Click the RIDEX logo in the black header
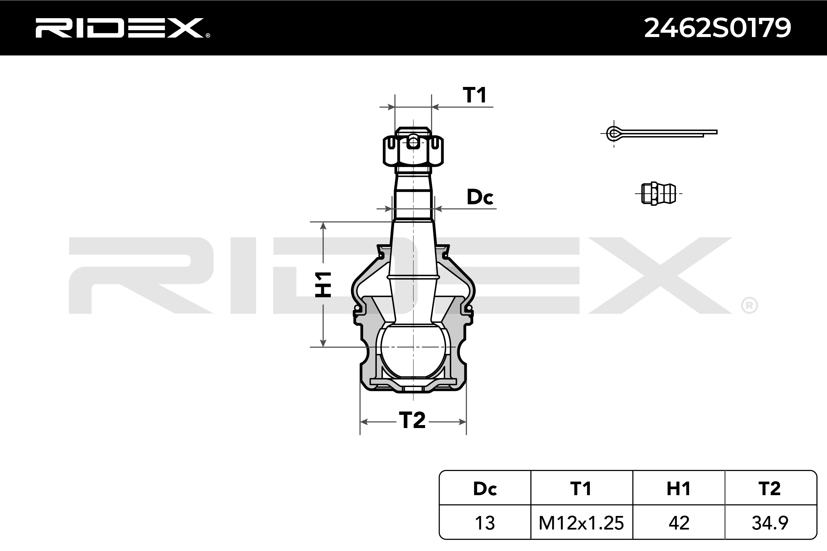(122, 28)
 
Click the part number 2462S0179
(717, 28)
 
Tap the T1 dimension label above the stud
(474, 95)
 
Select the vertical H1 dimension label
(323, 284)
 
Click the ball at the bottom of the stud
(413, 351)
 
